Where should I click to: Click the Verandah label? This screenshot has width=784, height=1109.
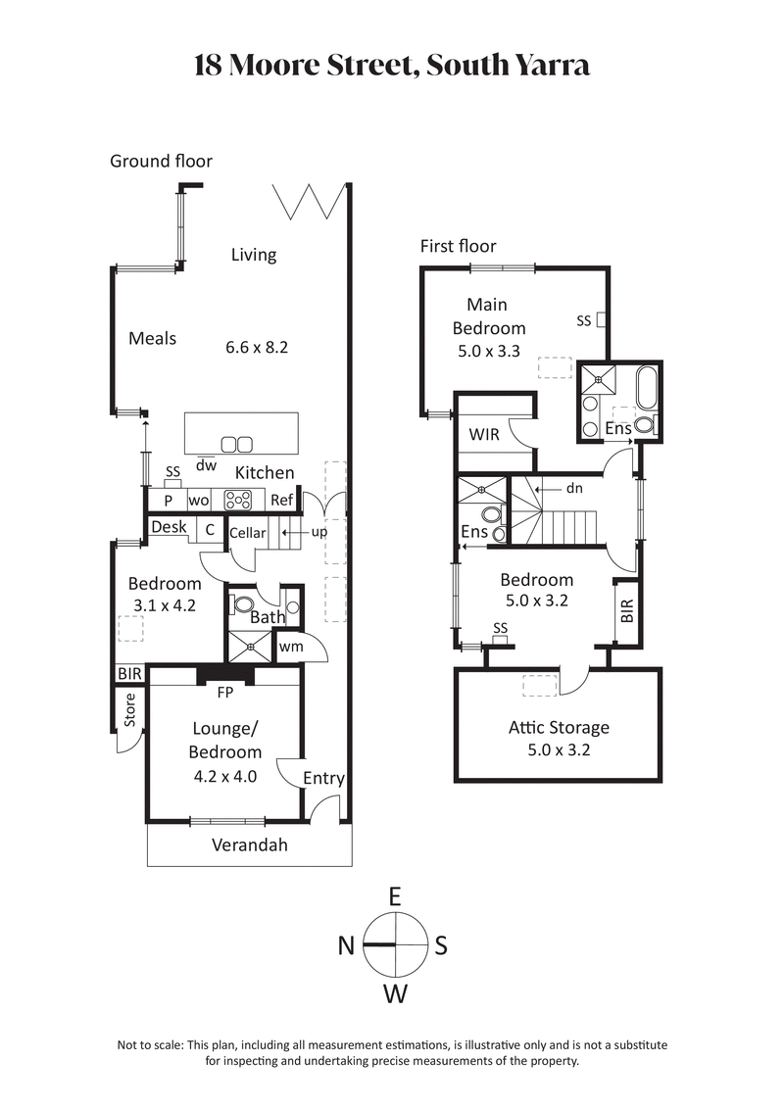coord(250,844)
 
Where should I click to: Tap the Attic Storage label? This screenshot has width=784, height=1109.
coord(559,727)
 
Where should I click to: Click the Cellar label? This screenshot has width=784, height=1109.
coord(247,534)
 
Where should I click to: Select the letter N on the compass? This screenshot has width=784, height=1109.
coord(346,945)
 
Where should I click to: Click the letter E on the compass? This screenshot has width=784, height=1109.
coord(395,896)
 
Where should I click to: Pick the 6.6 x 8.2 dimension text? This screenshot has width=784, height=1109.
coord(257,347)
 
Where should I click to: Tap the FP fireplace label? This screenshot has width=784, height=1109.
coord(225,690)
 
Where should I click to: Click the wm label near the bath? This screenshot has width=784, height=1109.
coord(289,647)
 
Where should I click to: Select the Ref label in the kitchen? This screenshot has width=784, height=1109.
coord(282,500)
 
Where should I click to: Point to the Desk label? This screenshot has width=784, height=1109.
coord(169,528)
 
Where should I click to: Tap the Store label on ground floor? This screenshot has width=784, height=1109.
coord(128,710)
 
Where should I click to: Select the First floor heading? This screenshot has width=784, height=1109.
coord(458,246)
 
